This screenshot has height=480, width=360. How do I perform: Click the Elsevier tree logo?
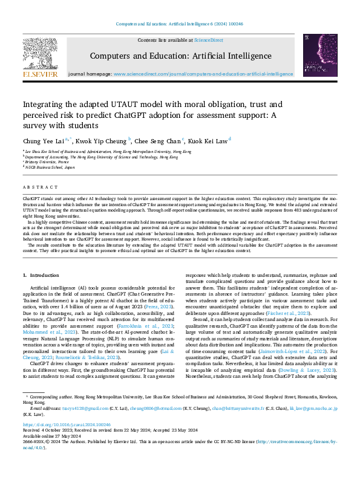tap(40, 53)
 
